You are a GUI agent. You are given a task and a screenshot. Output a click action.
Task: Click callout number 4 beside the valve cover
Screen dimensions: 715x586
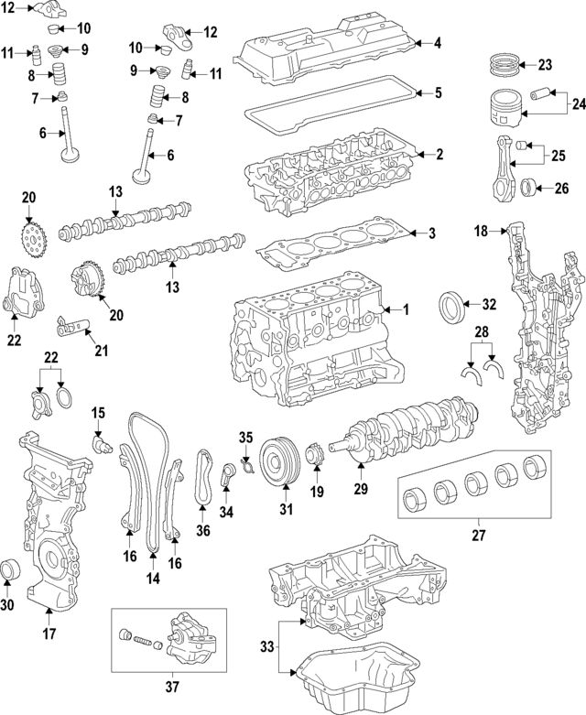pos(438,42)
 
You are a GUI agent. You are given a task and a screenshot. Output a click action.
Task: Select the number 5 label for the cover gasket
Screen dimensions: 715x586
pos(438,92)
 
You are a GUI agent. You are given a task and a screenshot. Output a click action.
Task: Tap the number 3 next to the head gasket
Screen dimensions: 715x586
pos(430,233)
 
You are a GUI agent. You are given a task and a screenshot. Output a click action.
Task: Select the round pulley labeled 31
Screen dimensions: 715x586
pos(276,457)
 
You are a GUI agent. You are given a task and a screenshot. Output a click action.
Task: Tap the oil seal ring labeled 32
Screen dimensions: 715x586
pos(453,305)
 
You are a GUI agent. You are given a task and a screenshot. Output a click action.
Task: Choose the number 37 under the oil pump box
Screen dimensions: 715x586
pos(170,687)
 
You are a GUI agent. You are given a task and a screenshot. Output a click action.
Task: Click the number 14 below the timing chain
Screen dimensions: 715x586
pos(152,578)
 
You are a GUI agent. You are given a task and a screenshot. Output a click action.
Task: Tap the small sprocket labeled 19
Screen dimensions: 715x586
pos(315,454)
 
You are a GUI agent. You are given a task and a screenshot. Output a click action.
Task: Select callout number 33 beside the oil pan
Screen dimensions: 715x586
pos(266,647)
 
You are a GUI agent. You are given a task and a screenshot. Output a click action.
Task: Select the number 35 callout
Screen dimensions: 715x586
pos(244,436)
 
